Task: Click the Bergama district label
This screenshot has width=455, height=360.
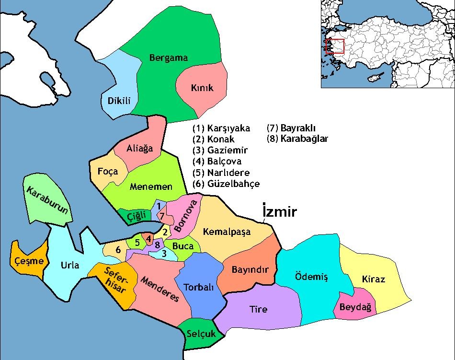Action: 169,58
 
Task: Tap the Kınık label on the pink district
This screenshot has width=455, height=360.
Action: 202,88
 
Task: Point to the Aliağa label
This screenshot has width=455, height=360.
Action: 140,149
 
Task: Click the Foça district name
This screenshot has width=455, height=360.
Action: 108,171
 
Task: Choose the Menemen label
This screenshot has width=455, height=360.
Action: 151,187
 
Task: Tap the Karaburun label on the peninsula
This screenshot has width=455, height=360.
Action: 46,201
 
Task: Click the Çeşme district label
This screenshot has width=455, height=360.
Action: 29,261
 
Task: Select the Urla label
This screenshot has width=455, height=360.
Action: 70,265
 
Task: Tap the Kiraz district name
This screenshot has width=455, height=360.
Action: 374,279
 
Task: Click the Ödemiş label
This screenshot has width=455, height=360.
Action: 310,277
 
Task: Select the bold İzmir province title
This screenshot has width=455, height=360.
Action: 280,212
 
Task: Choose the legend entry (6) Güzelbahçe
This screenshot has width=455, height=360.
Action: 226,184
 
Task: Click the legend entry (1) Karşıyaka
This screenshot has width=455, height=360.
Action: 221,128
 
